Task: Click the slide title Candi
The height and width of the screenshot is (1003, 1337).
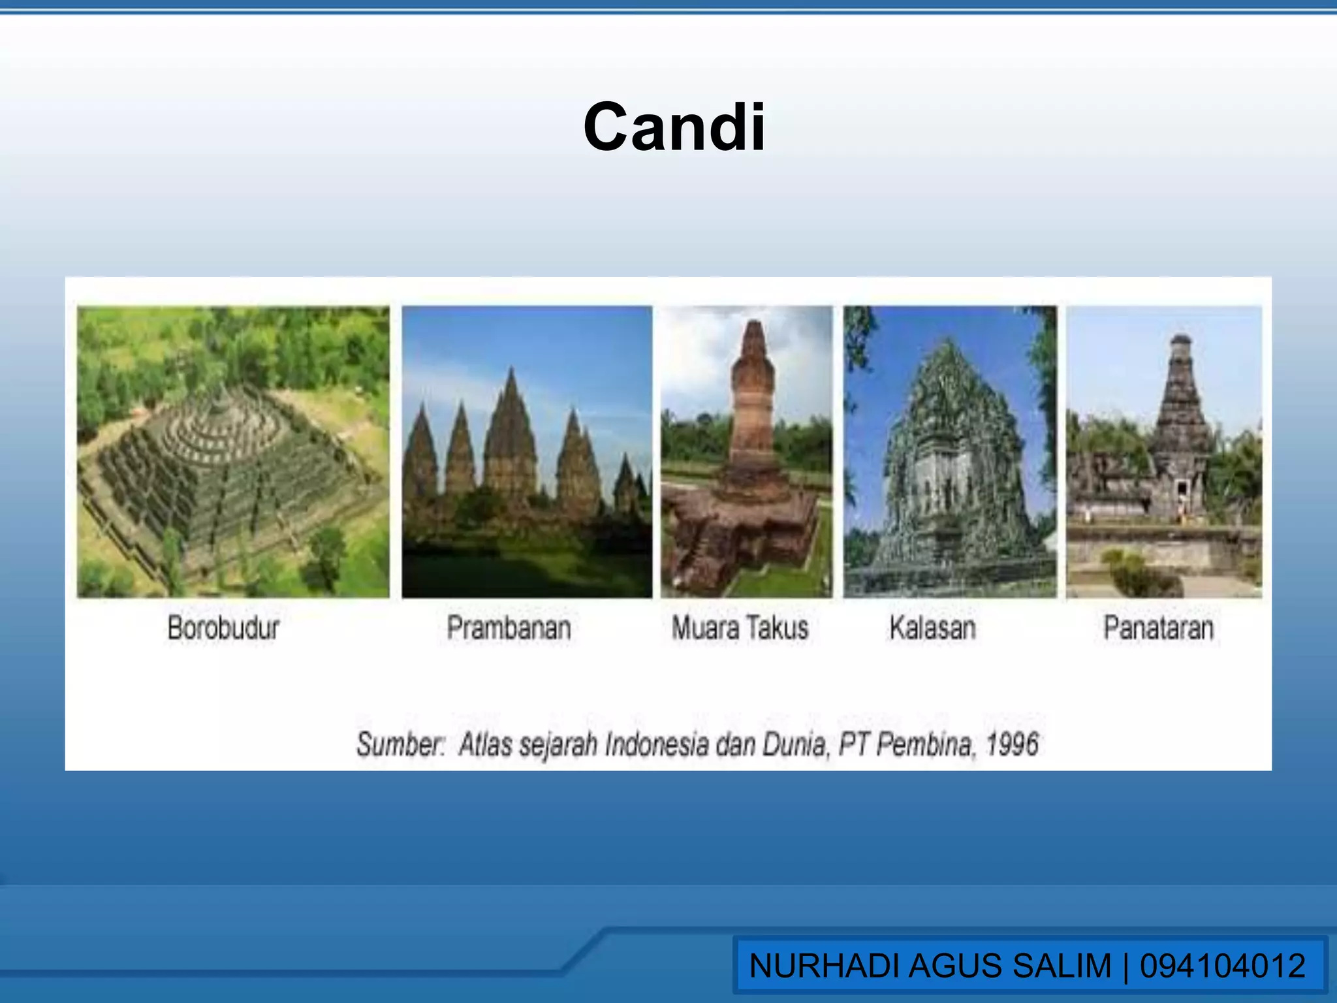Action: point(674,127)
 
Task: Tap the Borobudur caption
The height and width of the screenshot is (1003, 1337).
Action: point(223,628)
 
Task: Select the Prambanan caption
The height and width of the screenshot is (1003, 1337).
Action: point(509,628)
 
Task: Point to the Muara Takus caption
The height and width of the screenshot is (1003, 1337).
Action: point(740,628)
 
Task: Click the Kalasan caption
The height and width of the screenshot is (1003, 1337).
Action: point(932,628)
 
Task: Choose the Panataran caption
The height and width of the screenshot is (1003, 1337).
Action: point(1158,628)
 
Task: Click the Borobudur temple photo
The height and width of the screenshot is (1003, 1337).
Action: point(233,452)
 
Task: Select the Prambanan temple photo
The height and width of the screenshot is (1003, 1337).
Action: point(526,452)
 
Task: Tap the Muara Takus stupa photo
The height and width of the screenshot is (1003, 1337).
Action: point(746,452)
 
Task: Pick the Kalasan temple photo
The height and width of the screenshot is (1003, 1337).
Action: point(950,452)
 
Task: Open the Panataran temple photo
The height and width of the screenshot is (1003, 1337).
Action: point(1164,452)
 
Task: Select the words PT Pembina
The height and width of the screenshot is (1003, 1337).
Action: point(905,744)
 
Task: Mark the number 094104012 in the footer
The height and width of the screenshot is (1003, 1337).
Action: point(1223,966)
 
